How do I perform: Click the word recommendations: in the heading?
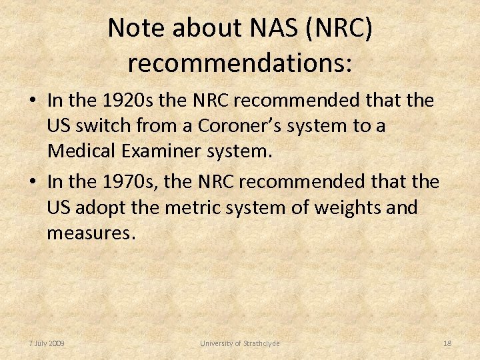pos(240,63)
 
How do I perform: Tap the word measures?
pos(91,233)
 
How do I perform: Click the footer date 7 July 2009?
pos(47,343)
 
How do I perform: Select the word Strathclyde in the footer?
pos(259,343)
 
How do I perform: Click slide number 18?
pos(447,343)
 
